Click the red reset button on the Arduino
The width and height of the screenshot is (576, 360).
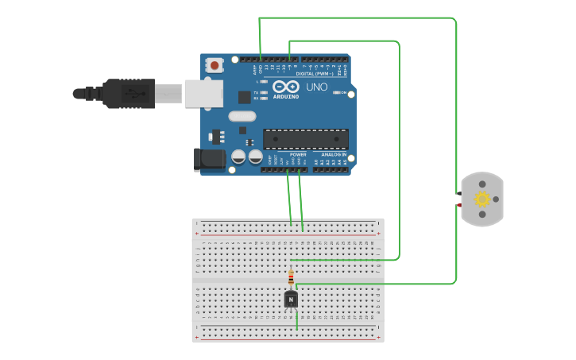[x=214, y=65]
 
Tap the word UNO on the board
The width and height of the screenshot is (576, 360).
[x=316, y=87]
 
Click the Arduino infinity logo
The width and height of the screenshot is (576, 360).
[x=285, y=86]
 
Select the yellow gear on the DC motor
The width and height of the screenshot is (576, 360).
[x=482, y=199]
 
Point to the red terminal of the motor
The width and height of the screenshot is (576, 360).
[x=459, y=205]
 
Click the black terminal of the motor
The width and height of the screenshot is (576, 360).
[x=459, y=193]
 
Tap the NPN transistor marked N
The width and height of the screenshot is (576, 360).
[x=291, y=299]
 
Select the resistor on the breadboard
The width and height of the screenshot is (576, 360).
[x=291, y=277]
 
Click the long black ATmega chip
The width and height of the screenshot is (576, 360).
[x=305, y=139]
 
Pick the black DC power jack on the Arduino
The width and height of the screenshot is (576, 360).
[x=210, y=159]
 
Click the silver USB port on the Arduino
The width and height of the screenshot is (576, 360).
[x=203, y=93]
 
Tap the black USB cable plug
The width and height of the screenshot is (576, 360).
[x=127, y=93]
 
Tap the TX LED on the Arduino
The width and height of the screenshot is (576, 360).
[x=257, y=93]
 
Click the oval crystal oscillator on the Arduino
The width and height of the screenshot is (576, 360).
[x=242, y=116]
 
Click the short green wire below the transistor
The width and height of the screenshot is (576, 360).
[x=296, y=319]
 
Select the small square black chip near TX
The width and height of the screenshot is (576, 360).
[x=244, y=97]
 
